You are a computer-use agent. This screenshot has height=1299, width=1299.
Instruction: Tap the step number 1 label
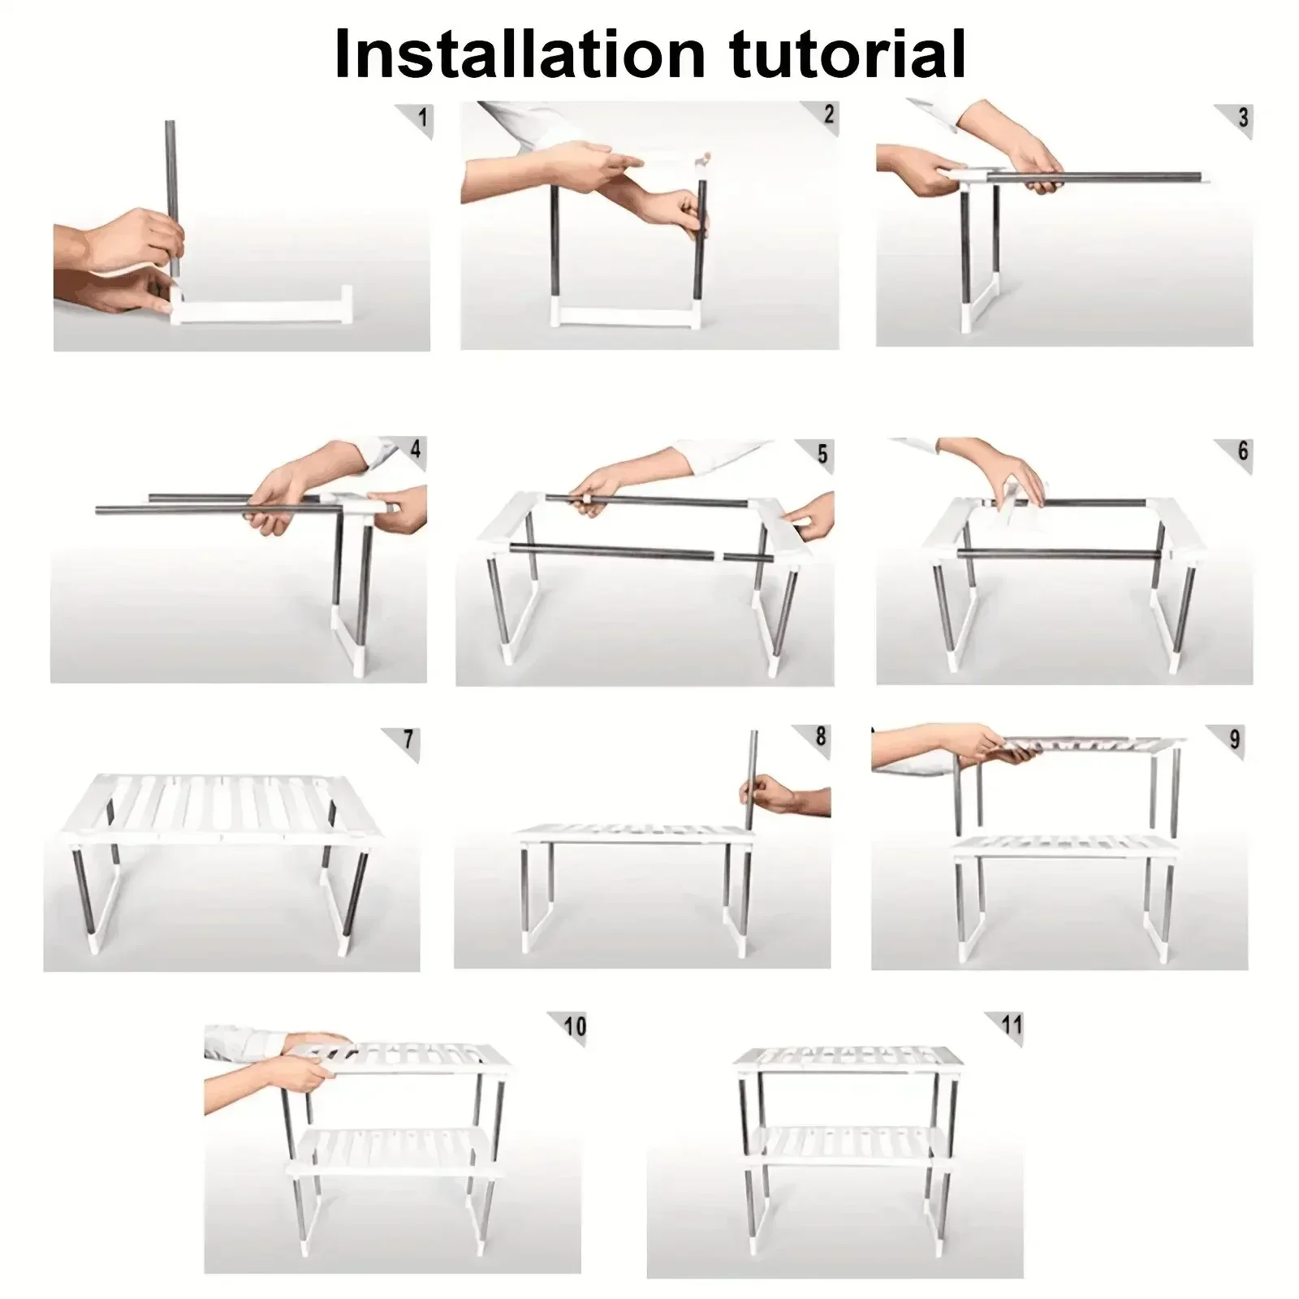tap(421, 119)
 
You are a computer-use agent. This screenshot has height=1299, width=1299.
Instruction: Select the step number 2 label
tap(828, 114)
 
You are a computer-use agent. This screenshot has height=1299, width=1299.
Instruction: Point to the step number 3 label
tap(1242, 119)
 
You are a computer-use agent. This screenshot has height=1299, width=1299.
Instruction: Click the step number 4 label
tap(416, 449)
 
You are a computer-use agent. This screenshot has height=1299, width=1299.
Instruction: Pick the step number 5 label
tap(822, 454)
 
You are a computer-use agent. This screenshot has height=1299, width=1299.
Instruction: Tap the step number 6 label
tap(1242, 451)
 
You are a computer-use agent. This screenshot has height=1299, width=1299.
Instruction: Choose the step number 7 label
tap(408, 739)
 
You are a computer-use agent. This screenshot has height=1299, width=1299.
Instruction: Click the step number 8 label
tap(820, 736)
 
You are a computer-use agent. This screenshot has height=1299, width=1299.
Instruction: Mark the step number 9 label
tap(1235, 739)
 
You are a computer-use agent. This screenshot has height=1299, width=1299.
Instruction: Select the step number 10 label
tap(575, 1026)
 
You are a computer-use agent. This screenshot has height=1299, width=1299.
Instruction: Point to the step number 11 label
tap(1012, 1024)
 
